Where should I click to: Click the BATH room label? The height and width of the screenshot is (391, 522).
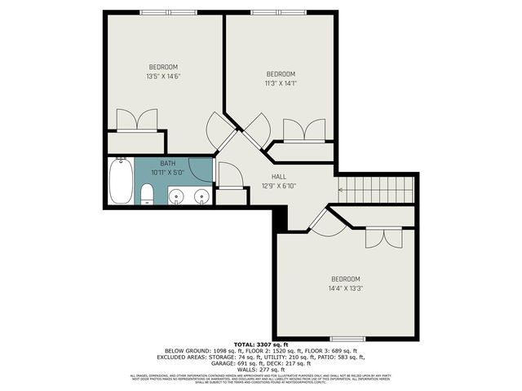pyautogui.click(x=167, y=163)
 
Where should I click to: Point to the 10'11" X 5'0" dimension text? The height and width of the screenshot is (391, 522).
pyautogui.click(x=167, y=172)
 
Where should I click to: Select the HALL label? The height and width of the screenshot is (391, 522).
pyautogui.click(x=279, y=176)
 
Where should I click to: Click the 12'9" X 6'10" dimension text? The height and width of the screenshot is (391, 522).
pyautogui.click(x=279, y=185)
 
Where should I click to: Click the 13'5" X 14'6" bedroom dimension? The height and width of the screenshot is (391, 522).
pyautogui.click(x=163, y=77)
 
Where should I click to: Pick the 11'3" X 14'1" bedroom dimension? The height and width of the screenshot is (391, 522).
pyautogui.click(x=280, y=82)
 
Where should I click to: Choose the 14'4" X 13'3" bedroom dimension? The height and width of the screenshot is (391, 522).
pyautogui.click(x=345, y=288)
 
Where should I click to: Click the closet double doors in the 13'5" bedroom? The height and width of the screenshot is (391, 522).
pyautogui.click(x=137, y=120)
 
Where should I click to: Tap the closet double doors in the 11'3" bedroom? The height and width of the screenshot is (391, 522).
pyautogui.click(x=303, y=130)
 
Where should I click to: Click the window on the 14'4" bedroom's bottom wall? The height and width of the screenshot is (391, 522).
pyautogui.click(x=346, y=338)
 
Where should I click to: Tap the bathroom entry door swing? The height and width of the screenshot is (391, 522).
pyautogui.click(x=229, y=174)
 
